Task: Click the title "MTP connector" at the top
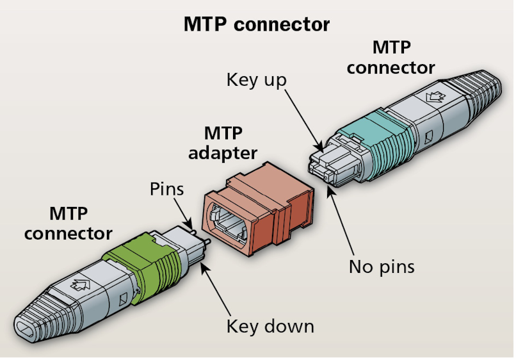[257, 24]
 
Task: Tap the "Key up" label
[256, 80]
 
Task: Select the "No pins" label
[382, 266]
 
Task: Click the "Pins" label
[166, 189]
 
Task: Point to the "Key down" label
[270, 326]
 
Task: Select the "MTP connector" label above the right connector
[391, 57]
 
